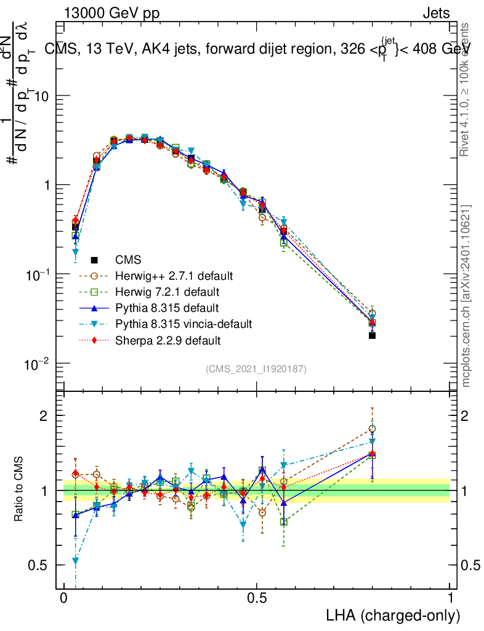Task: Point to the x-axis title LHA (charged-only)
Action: tap(393, 615)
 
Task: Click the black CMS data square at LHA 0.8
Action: tap(372, 335)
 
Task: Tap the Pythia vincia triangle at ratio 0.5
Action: tap(75, 561)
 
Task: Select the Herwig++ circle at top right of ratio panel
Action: tap(372, 428)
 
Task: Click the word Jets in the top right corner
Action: tap(436, 13)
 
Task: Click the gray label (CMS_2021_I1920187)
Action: tap(256, 368)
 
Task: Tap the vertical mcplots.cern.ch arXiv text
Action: tap(466, 296)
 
